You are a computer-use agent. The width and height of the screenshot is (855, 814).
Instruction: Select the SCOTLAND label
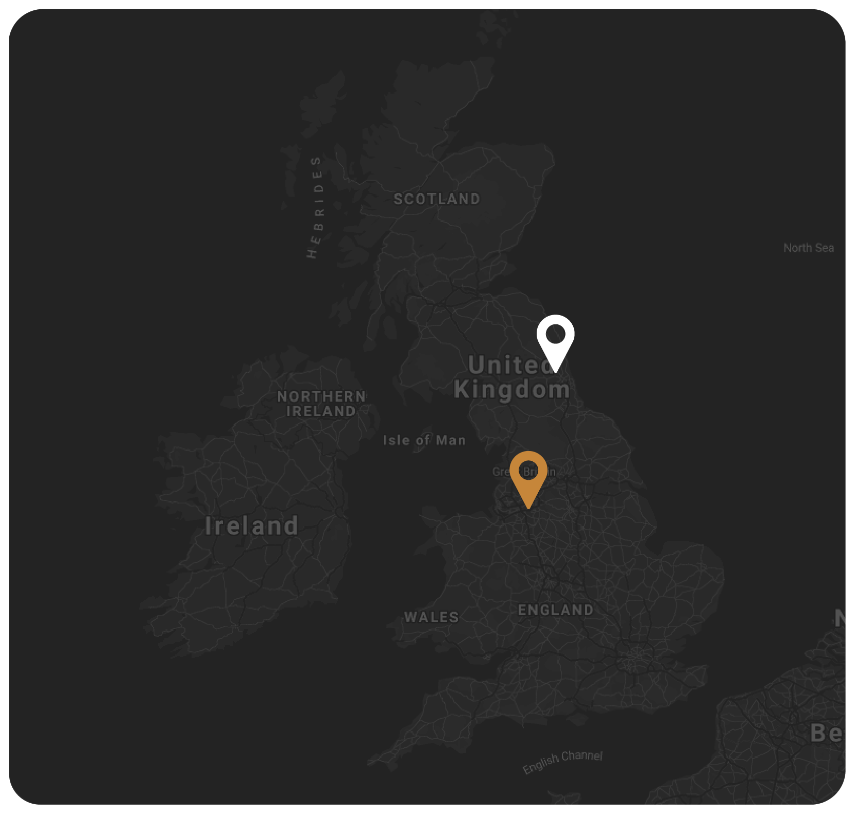tap(436, 199)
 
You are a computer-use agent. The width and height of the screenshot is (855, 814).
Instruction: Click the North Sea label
tap(808, 248)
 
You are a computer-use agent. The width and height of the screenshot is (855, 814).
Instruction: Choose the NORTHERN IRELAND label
tap(321, 404)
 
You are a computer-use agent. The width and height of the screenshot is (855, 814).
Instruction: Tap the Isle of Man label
tap(424, 440)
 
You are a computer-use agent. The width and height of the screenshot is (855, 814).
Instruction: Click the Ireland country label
tap(251, 526)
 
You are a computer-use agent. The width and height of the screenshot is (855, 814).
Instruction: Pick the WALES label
tap(431, 617)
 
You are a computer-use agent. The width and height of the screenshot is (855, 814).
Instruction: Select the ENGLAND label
tap(555, 610)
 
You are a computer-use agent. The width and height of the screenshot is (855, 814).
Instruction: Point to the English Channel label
tap(562, 761)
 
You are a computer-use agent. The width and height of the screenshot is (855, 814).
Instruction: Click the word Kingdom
tap(511, 390)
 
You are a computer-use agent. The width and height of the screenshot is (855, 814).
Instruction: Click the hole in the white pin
tap(555, 334)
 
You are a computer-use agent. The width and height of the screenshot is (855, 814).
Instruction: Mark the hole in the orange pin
tap(528, 470)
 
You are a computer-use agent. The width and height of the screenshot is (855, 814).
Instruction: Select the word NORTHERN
tap(321, 396)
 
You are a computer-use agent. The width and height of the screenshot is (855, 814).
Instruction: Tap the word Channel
tap(582, 756)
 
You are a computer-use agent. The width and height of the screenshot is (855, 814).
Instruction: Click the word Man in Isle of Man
tap(451, 440)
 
